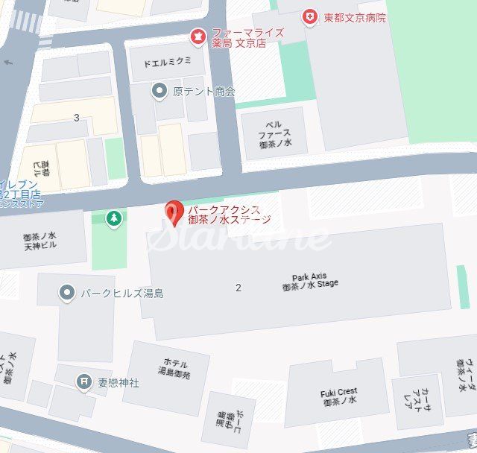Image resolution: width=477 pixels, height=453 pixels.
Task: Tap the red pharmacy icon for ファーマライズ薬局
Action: tap(198, 34)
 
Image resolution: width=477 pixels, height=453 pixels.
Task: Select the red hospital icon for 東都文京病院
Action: tap(309, 17)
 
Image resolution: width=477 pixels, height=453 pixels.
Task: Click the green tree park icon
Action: tap(113, 219)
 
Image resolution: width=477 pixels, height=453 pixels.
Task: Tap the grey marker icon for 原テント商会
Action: tap(159, 92)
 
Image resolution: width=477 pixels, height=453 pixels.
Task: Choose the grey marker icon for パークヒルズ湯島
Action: tap(67, 293)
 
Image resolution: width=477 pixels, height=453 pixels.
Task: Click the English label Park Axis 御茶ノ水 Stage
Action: tap(310, 280)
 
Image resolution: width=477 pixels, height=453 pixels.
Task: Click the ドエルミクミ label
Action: tap(168, 60)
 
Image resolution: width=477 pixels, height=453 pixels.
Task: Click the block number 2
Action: tap(238, 288)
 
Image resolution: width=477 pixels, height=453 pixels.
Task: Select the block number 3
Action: tap(77, 118)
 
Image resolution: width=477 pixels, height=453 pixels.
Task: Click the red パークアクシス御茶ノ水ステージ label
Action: tap(229, 215)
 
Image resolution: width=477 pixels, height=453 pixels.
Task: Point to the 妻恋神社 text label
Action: tap(119, 382)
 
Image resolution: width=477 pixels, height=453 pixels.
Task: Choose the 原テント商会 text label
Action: tap(203, 92)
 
